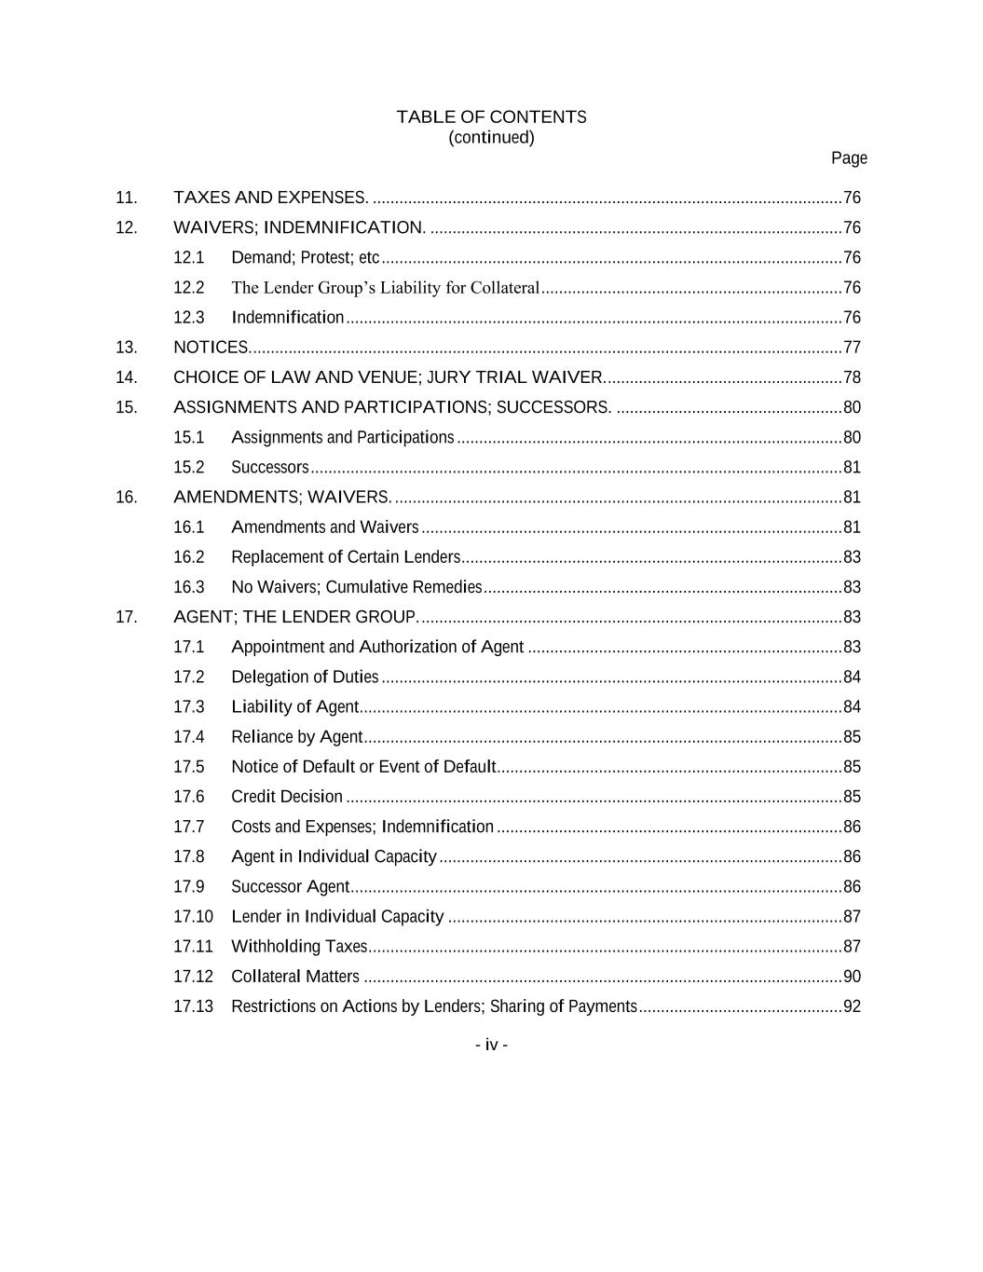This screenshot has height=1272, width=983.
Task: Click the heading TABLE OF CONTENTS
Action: [491, 117]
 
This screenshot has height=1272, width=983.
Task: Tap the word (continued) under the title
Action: [491, 138]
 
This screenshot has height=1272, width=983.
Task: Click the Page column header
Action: [849, 158]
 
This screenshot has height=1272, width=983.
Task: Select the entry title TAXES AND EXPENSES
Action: [271, 198]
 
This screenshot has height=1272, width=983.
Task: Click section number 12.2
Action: [189, 288]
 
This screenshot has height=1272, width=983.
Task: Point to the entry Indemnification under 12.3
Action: [288, 318]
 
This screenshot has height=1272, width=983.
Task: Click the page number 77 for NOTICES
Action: [852, 348]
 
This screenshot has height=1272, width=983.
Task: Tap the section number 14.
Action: [127, 377]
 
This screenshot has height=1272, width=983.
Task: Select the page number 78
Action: [852, 377]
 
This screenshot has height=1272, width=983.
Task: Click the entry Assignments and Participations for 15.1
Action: [343, 438]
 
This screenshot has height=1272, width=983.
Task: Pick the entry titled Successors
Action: [270, 468]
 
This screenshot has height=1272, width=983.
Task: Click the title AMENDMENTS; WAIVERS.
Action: [283, 498]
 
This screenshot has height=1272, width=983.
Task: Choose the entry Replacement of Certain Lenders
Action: [346, 557]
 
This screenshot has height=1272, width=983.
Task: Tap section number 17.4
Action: [189, 737]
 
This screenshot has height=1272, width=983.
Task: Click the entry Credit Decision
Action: [287, 797]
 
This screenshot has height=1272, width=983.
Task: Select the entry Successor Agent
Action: [291, 887]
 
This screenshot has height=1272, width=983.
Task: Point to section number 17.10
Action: [193, 917]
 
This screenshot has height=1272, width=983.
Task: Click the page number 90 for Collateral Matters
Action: [852, 977]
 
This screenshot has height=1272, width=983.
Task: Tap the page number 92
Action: [852, 1006]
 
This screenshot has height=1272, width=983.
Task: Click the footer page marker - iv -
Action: [491, 1045]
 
